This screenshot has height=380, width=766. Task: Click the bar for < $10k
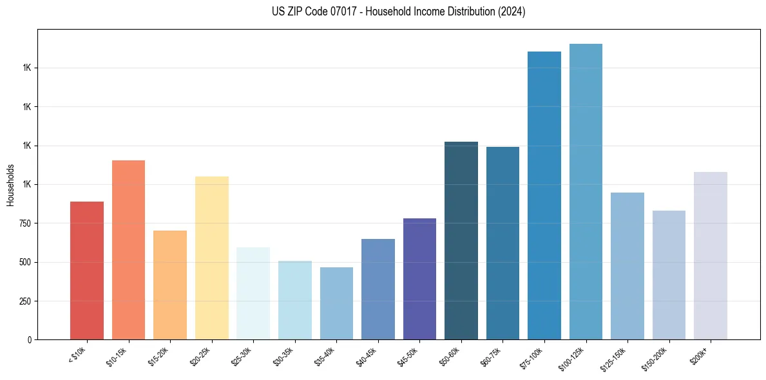coord(87,271)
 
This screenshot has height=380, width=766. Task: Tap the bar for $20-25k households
coord(212,258)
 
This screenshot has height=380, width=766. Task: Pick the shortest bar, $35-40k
coord(336,303)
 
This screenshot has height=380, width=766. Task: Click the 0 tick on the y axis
coord(30,340)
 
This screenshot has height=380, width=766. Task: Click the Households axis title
coord(10,185)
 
